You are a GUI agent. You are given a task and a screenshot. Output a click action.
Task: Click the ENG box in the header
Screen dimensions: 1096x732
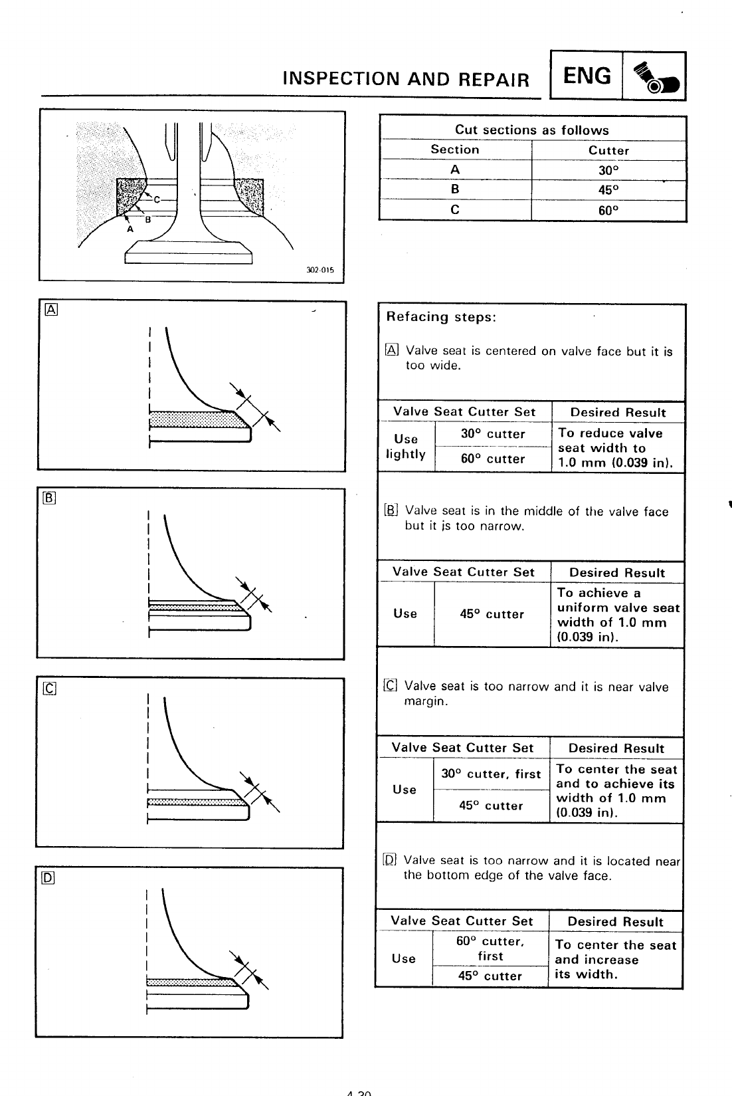[x=587, y=76]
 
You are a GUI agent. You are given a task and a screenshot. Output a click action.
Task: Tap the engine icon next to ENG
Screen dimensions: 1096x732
[x=654, y=76]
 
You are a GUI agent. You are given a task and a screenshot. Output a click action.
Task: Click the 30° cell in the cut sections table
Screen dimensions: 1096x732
[x=608, y=170]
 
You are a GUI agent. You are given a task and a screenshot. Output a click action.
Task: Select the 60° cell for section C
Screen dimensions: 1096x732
[x=608, y=210]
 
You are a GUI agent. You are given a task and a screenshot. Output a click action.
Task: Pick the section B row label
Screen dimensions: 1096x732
[x=455, y=189]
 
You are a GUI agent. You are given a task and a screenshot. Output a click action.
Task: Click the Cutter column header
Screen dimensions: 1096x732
[x=608, y=150]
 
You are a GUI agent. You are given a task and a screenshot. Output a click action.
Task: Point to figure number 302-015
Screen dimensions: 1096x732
[x=320, y=271]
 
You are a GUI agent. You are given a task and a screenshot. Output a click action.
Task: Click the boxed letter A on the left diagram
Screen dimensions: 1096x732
[x=50, y=308]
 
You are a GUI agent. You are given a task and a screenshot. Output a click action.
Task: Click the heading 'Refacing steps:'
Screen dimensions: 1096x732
[x=441, y=317]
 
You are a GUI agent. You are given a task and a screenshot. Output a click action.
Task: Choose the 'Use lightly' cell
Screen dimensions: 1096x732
[x=406, y=447]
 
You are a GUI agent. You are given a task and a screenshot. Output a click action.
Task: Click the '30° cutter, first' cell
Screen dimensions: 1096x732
[x=491, y=774]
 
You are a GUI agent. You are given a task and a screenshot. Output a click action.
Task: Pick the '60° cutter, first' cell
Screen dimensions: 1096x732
[x=490, y=948]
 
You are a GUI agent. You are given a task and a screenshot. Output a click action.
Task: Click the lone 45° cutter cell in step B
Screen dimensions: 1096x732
[x=492, y=614]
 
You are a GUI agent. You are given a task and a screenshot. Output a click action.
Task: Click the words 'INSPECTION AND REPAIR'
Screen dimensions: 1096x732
[x=406, y=79]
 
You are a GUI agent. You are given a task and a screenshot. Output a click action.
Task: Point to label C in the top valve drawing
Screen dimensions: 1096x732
[x=157, y=199]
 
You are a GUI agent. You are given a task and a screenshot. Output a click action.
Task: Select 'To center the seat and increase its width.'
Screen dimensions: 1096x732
[x=615, y=959]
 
